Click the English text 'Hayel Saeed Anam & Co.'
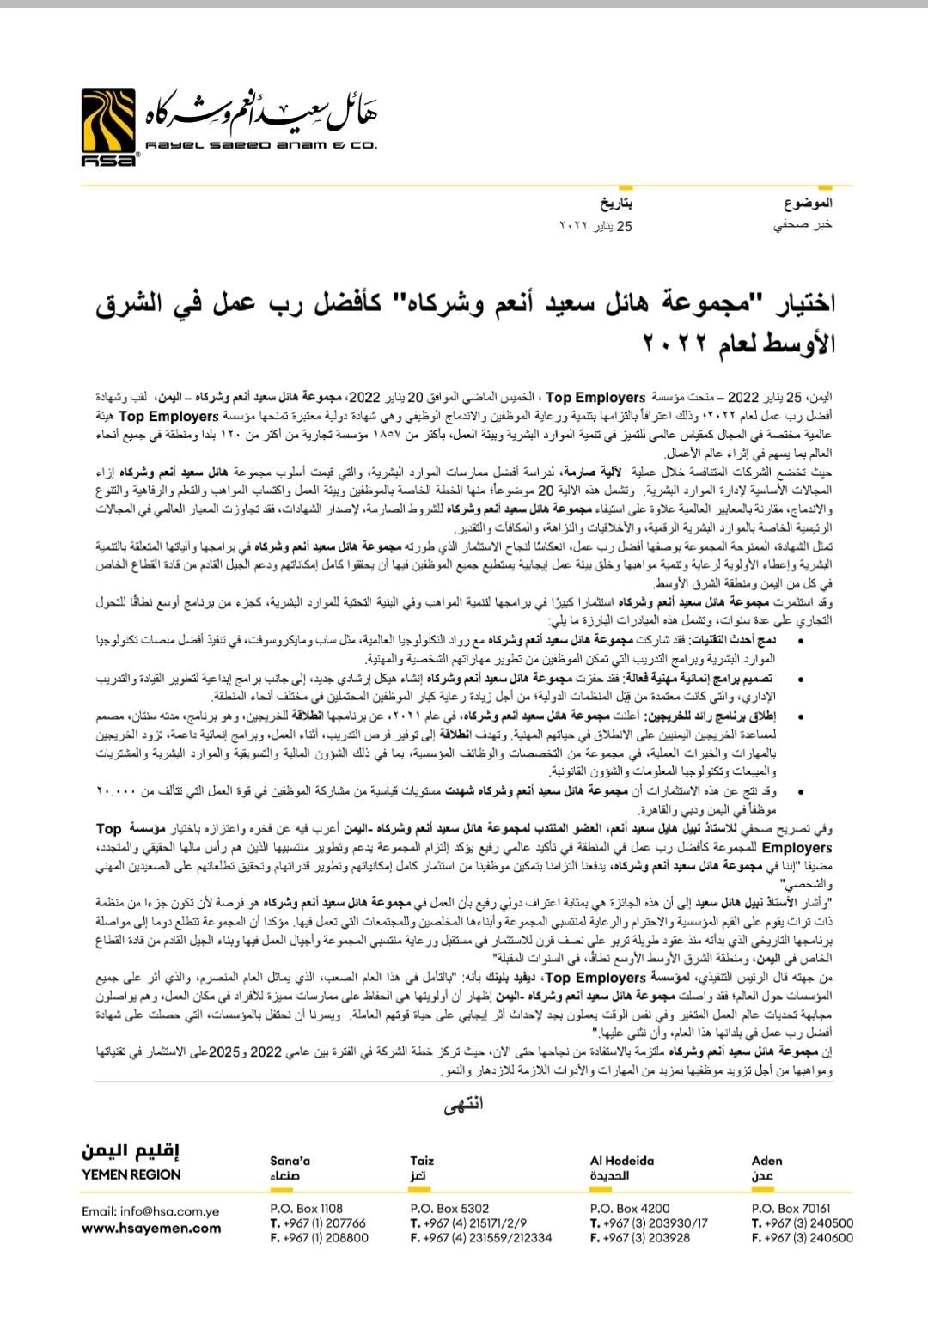point(261,145)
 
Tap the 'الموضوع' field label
point(808,203)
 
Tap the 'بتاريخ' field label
point(615,203)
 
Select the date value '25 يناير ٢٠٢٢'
point(595,225)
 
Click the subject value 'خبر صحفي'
point(803,225)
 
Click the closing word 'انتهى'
point(463,1104)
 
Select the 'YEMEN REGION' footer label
point(131,1174)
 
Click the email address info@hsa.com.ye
point(150,1211)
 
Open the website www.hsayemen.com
point(151,1229)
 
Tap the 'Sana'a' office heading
point(290,1161)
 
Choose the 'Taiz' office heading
point(422,1161)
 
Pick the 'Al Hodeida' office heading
point(621,1161)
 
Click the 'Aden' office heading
point(766,1161)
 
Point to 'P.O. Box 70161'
point(791,1208)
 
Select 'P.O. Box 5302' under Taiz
point(449,1208)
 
